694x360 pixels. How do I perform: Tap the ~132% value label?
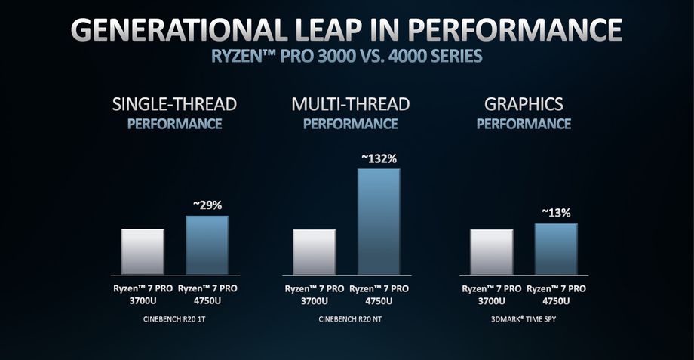pos(378,158)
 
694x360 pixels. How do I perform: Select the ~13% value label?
pos(556,213)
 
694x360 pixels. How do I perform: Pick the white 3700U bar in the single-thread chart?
pos(143,251)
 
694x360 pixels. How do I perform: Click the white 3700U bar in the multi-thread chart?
pos(314,251)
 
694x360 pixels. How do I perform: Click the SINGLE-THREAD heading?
pos(175,103)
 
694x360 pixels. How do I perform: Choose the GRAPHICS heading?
pos(524,103)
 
